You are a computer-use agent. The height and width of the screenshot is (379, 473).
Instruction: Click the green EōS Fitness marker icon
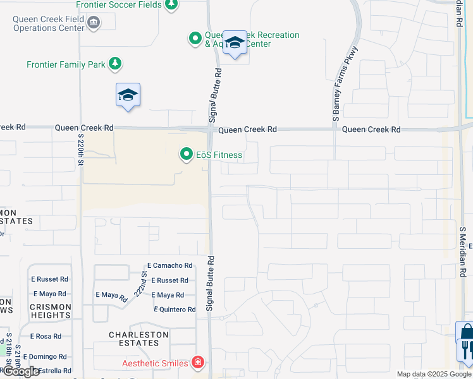pos(187,154)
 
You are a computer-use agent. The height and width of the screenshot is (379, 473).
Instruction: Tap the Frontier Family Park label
pos(66,64)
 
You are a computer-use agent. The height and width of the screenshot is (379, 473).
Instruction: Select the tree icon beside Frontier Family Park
pos(114,64)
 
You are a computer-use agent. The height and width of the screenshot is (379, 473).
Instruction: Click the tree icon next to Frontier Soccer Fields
pos(171,5)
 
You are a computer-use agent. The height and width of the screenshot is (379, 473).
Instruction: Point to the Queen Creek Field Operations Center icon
pos(93,24)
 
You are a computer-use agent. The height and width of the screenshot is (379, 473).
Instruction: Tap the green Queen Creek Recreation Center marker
pos(195,39)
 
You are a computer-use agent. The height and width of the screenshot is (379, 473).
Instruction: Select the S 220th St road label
pos(80,150)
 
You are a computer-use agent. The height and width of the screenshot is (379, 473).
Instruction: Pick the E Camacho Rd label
pos(169,266)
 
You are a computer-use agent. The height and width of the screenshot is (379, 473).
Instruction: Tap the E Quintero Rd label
pos(175,310)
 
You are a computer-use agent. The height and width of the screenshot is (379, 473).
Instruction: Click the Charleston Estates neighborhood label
pos(138,339)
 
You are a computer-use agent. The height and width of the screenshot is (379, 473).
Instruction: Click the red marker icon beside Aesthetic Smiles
pos(198,363)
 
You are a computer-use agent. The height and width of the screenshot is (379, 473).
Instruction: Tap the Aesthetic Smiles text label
pos(154,363)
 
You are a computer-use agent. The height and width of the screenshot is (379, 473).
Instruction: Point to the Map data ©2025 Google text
pos(433,374)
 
